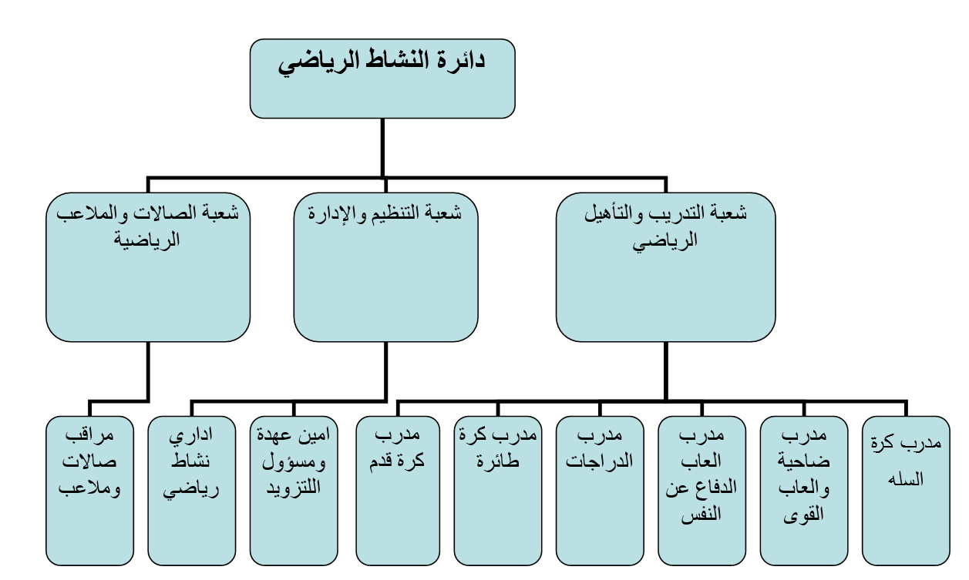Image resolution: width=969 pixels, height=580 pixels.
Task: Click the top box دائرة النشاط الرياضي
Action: tap(382, 79)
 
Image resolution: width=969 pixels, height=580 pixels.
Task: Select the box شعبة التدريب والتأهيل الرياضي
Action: tap(665, 267)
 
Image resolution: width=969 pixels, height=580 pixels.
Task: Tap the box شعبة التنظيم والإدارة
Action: tap(385, 267)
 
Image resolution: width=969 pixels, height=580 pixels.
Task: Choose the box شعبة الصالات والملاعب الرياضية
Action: tap(148, 267)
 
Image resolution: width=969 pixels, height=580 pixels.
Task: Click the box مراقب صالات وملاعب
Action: tap(89, 491)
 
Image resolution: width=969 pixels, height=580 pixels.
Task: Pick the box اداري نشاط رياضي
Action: tap(191, 491)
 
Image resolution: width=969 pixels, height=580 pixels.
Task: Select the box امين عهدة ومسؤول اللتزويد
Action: tap(293, 491)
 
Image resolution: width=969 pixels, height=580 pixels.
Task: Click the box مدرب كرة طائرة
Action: tap(497, 491)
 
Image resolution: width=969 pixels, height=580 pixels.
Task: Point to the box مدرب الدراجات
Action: tap(599, 491)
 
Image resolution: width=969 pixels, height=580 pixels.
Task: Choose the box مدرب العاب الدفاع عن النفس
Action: tap(702, 491)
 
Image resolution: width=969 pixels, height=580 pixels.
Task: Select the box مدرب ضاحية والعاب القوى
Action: tap(803, 491)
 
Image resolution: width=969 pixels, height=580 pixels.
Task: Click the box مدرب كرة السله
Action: tap(906, 491)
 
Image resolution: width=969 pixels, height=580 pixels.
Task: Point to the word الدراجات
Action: tap(599, 462)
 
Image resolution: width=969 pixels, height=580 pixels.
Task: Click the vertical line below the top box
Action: tap(383, 146)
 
